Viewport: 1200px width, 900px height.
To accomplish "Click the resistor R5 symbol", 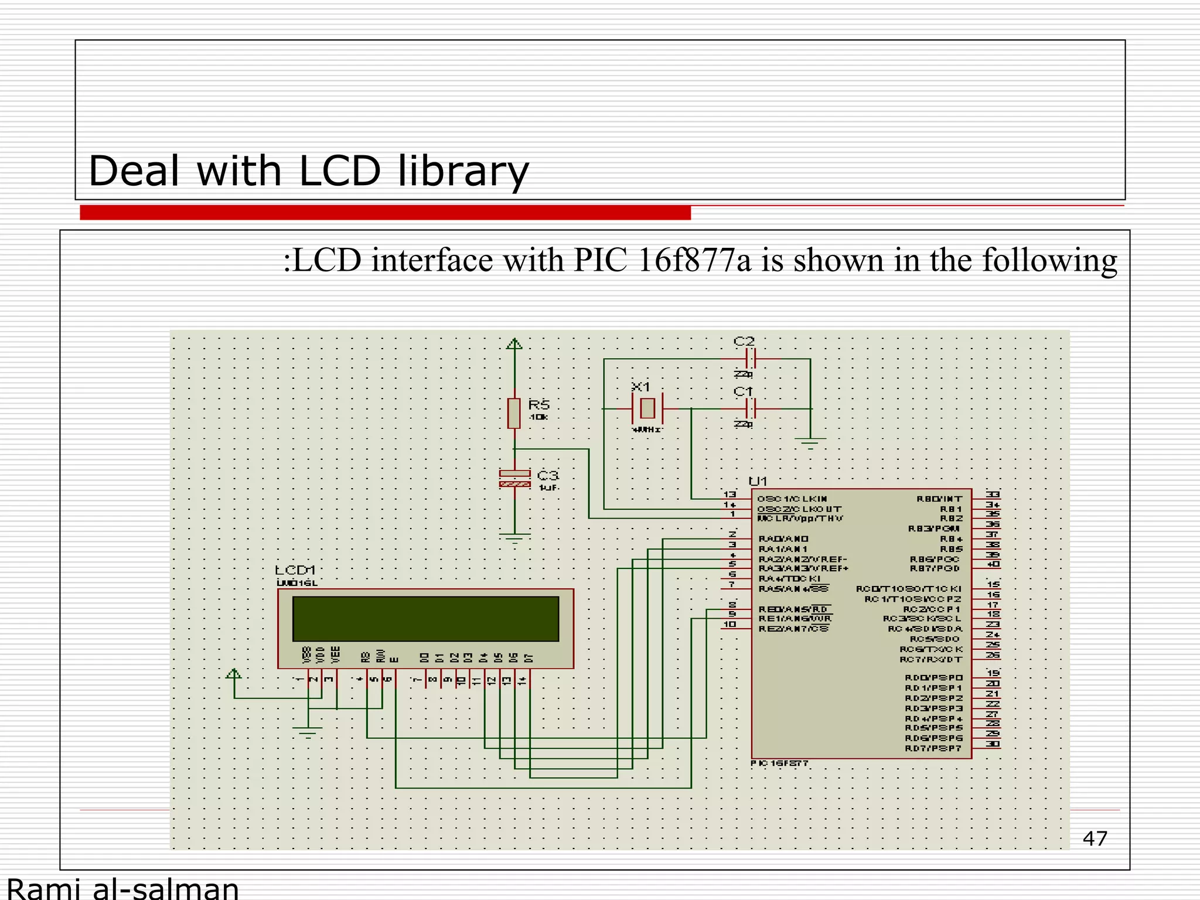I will tap(514, 413).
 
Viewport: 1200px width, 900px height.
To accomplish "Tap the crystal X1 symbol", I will tap(647, 408).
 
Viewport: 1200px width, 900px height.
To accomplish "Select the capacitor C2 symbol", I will tap(751, 359).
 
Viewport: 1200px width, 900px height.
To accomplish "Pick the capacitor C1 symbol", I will tap(751, 408).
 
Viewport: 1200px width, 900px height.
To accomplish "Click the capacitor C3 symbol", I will tap(514, 479).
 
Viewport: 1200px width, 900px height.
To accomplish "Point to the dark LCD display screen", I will tap(425, 619).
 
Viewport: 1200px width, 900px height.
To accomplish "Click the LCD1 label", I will tap(296, 570).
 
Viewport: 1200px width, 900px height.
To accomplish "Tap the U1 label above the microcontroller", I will tap(758, 481).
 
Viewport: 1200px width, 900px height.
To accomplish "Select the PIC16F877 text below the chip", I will tap(779, 763).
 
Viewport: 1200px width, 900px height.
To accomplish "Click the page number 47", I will tap(1095, 838).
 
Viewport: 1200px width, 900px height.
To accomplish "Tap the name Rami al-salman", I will tap(123, 888).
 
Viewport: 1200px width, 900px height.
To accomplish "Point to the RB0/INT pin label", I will tap(939, 499).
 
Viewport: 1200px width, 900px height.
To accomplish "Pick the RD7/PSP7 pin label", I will tap(933, 748).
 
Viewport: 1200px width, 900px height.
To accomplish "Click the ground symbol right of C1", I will tap(810, 443).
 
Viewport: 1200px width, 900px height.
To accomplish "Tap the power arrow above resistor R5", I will tap(514, 344).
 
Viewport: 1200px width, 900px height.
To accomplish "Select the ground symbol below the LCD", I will tap(308, 732).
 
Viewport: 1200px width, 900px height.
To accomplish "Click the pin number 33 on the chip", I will tap(993, 495).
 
